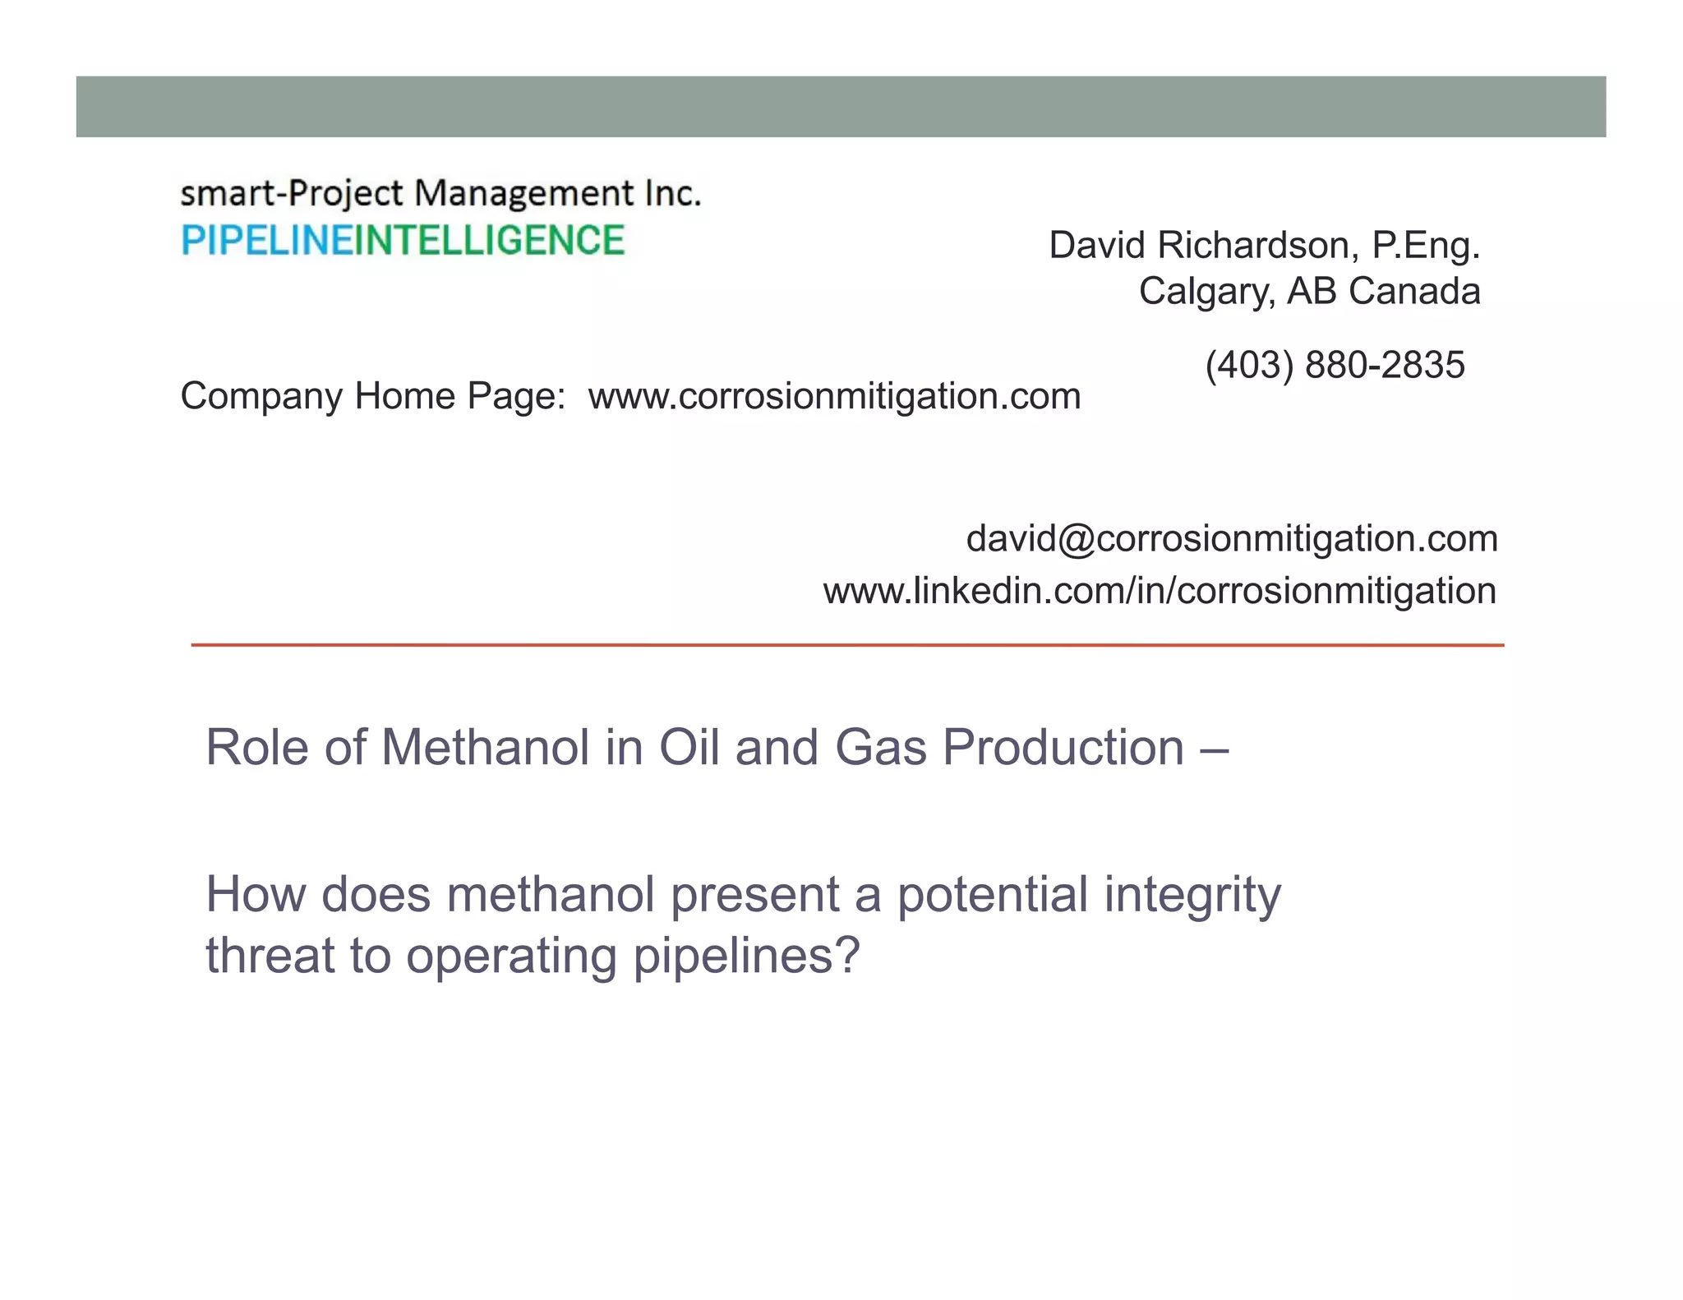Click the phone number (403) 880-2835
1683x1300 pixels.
point(1335,365)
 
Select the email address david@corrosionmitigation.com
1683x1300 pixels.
point(1232,539)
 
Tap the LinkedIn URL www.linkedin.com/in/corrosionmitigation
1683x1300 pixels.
point(1160,592)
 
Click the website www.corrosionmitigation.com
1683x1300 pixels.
point(834,397)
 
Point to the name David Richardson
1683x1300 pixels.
point(1200,245)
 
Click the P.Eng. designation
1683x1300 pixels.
point(1426,245)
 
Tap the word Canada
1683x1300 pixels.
point(1413,291)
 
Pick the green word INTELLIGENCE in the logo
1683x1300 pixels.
point(489,241)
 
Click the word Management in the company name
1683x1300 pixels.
point(523,194)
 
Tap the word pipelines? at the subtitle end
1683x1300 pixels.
point(746,956)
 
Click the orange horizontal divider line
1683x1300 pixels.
point(846,645)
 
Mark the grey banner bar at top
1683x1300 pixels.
point(841,107)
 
